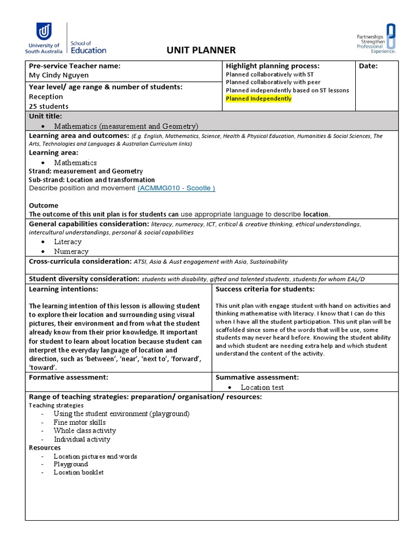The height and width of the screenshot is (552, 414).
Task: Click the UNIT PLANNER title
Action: point(202,50)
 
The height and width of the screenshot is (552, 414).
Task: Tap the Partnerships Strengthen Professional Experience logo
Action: point(376,38)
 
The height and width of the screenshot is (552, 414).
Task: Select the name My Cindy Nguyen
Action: point(59,75)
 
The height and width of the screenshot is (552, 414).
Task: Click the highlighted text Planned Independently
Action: point(258,99)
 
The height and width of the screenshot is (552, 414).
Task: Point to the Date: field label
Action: point(368,66)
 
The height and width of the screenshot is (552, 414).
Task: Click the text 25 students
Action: point(49,106)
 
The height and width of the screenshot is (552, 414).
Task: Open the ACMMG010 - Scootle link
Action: point(176,188)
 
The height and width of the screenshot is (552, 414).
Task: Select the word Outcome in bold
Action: point(43,205)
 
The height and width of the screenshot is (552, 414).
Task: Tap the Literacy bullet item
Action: point(67,242)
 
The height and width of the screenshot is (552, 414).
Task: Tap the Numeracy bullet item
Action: point(71,251)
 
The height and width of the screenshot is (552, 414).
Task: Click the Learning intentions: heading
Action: point(63,289)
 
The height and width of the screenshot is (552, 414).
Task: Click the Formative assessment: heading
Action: point(68,377)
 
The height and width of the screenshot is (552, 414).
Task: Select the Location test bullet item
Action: point(262,387)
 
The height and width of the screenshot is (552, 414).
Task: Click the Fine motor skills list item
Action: point(79,422)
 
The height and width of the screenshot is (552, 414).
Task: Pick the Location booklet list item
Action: point(78,472)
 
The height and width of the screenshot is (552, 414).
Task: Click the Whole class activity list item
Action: point(85,431)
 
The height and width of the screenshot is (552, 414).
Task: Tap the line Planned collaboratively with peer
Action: point(270,82)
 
